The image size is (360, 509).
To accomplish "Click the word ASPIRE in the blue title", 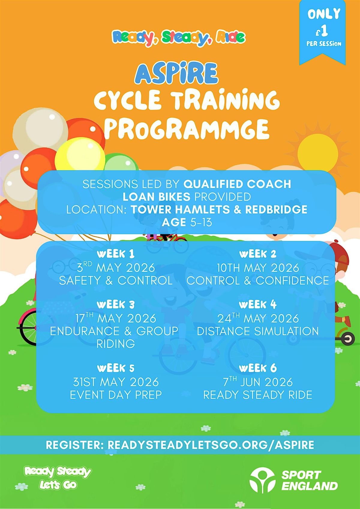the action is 176,73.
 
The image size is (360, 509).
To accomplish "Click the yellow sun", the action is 317,154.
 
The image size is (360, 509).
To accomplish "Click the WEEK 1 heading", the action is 116,254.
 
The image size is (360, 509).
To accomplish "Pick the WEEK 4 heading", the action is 258,304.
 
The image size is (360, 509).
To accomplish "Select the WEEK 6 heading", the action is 258,368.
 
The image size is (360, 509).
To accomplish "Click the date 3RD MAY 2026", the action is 116,268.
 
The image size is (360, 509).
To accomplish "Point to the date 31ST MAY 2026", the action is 116,382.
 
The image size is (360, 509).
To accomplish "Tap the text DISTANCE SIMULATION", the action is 258,331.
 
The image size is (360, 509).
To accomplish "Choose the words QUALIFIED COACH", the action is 237,184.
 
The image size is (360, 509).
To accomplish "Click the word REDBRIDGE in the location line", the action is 276,209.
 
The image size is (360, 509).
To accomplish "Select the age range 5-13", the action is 201,222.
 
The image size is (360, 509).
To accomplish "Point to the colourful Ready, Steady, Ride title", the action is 178,38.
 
